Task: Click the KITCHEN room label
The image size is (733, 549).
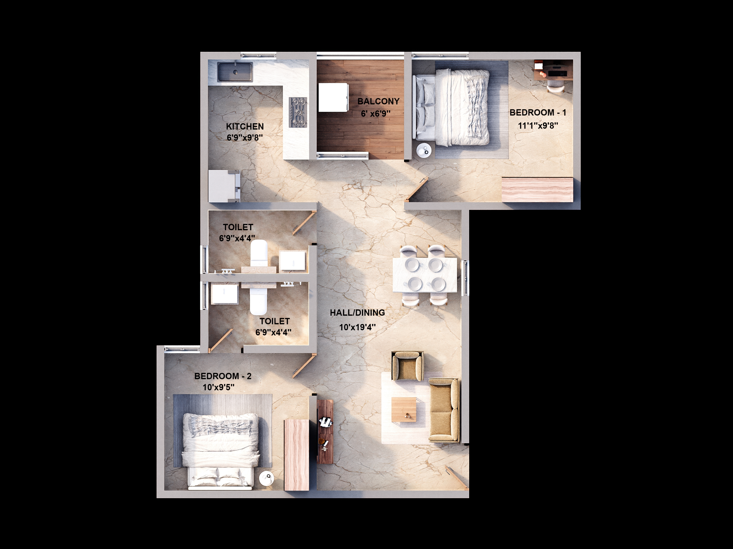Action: [245, 126]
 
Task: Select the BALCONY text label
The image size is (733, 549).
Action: [378, 101]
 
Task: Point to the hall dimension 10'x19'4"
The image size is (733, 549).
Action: [357, 327]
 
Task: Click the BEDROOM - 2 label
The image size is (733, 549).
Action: [223, 376]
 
